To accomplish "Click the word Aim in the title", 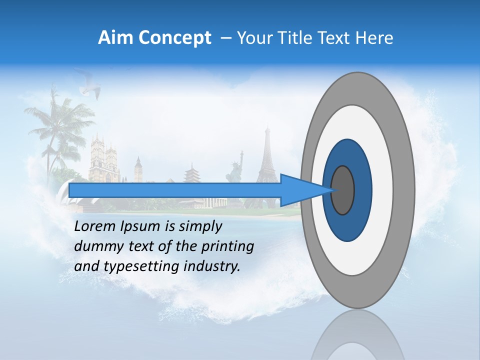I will pyautogui.click(x=115, y=38).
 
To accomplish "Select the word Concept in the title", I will pyautogui.click(x=174, y=38).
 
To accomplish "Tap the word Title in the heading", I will pyautogui.click(x=304, y=38).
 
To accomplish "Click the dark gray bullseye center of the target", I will pyautogui.click(x=343, y=190).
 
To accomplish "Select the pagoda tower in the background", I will pyautogui.click(x=191, y=175).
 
